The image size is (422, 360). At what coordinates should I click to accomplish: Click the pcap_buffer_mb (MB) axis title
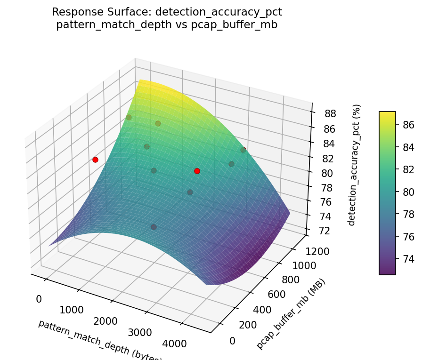click(x=291, y=314)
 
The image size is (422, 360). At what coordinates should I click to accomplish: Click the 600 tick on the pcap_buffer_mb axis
click(x=297, y=295)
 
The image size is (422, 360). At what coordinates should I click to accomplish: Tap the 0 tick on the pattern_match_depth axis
click(x=39, y=299)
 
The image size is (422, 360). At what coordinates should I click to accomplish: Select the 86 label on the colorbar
click(x=408, y=124)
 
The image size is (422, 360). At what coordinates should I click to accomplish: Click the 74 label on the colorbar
click(x=408, y=258)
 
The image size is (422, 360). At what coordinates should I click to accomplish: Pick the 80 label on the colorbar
click(x=408, y=192)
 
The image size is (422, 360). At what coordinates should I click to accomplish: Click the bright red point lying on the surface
click(x=197, y=171)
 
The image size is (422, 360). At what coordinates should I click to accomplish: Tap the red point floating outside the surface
click(x=95, y=160)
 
